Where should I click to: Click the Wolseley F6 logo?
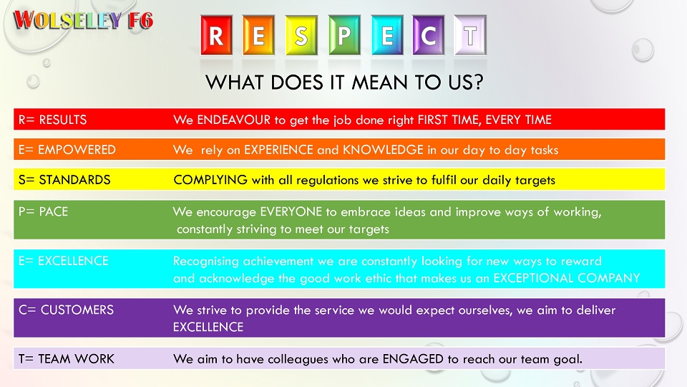83,20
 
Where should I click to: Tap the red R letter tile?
216,35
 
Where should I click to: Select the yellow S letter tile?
301,35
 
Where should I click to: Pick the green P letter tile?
344,35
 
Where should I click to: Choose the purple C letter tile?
429,35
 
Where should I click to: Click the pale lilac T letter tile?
470,35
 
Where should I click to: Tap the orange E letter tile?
258,35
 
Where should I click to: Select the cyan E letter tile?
387,35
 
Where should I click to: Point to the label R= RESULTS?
52,120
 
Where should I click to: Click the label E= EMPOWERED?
67,150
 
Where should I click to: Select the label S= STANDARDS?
64,180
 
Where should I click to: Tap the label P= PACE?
44,211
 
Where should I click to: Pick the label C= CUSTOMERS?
66,310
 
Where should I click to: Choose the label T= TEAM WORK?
66,359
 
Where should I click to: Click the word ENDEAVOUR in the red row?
234,120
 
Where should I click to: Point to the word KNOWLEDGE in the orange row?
383,150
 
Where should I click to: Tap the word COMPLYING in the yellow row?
210,180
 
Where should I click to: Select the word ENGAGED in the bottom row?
413,359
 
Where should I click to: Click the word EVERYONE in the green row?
291,211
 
